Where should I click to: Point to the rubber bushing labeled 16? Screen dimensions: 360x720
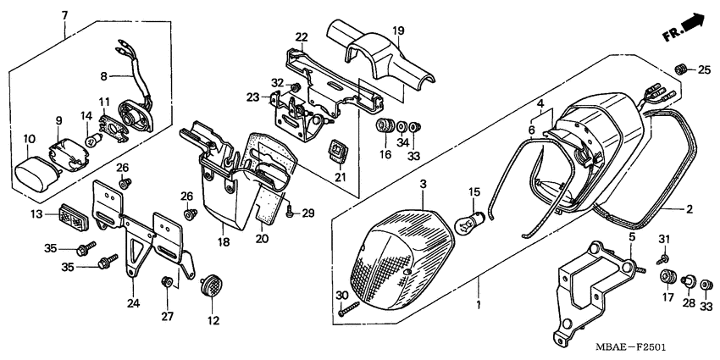[385, 126]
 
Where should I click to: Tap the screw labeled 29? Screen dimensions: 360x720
[291, 211]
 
